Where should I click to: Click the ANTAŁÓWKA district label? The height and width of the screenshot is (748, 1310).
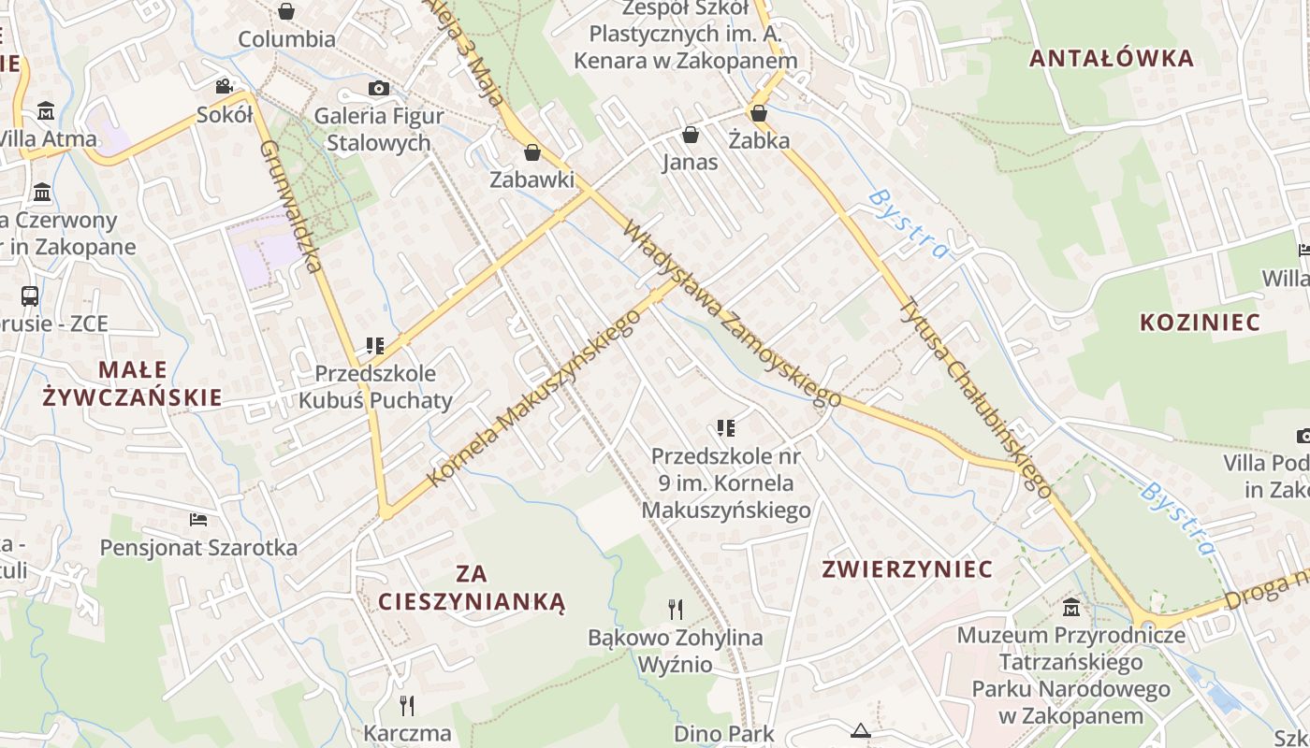tap(1112, 58)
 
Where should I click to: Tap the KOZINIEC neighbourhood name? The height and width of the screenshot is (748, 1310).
tap(1200, 323)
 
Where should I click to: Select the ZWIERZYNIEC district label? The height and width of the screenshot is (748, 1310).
tap(907, 569)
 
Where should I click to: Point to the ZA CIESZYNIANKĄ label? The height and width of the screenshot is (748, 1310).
tap(473, 587)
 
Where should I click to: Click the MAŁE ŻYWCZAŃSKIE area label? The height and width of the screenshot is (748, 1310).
tap(133, 383)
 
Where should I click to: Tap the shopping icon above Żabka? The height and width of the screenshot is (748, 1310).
tap(759, 113)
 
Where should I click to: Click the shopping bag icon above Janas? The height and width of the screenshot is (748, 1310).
tap(691, 135)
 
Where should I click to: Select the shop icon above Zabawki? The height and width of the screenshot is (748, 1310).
tap(532, 151)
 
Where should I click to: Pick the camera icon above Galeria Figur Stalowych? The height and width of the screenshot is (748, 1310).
tap(378, 89)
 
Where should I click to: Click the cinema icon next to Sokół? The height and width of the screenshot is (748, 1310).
tap(224, 86)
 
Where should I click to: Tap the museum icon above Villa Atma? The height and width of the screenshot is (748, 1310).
tap(46, 112)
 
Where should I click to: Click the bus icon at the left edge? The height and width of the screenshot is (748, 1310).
tap(30, 296)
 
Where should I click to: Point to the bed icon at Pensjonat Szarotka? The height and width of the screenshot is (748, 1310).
tap(198, 519)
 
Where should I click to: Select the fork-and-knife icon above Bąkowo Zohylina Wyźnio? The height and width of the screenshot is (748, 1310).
tap(676, 610)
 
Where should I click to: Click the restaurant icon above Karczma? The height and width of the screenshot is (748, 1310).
tap(407, 705)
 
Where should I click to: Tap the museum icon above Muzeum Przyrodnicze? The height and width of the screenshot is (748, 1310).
tap(1071, 608)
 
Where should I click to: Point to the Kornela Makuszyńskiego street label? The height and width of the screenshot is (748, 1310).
tap(534, 397)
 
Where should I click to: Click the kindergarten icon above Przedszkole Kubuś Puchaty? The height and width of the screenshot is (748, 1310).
tap(375, 346)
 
